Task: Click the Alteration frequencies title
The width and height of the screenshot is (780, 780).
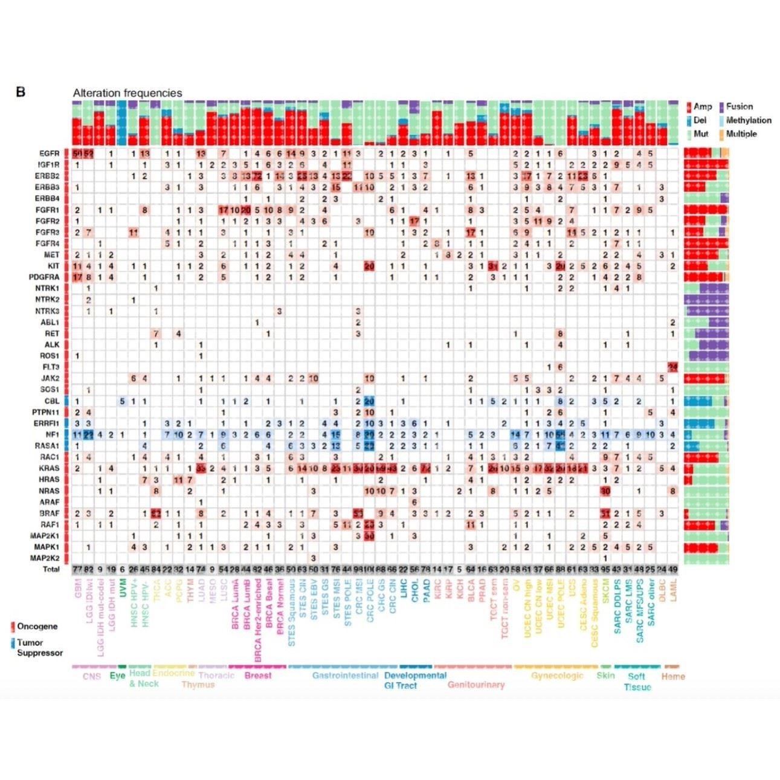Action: coord(127,93)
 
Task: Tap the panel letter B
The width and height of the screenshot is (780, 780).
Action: coord(21,92)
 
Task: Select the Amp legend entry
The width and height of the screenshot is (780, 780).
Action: coord(703,107)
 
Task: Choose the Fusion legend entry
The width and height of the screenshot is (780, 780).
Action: coord(740,107)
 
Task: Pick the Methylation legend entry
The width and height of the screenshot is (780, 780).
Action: coord(749,120)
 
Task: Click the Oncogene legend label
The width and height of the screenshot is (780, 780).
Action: coord(37,627)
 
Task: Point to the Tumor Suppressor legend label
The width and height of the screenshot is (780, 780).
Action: coord(39,648)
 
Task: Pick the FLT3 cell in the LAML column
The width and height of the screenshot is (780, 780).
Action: coord(672,367)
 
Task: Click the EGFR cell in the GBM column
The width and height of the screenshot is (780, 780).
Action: coord(77,153)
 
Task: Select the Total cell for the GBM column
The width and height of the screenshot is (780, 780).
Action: coord(77,569)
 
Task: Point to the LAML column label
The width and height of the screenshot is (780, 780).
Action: coord(672,589)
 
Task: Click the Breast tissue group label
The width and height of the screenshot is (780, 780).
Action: coord(258,675)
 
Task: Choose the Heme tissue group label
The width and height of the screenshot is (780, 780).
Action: coord(672,676)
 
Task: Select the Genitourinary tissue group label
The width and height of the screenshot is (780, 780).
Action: coord(476,685)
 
